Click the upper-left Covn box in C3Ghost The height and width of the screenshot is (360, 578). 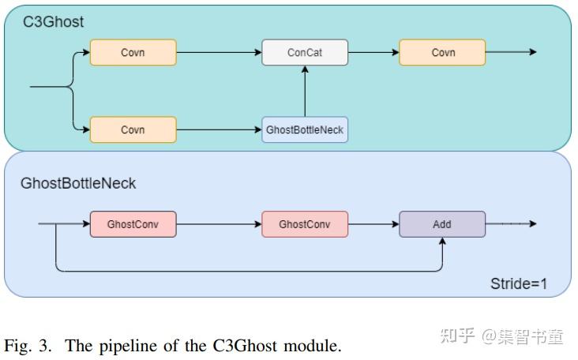(x=133, y=53)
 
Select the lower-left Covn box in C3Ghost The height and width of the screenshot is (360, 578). (x=133, y=129)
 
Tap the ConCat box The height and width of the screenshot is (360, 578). (x=305, y=53)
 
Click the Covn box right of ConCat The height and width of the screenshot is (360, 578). (x=442, y=53)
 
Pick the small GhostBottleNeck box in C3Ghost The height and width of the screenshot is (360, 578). (x=305, y=129)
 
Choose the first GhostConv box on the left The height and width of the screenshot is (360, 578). (x=133, y=224)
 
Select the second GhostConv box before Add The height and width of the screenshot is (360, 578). (x=305, y=224)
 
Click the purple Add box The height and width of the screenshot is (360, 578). (x=442, y=224)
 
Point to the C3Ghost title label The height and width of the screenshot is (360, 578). (x=53, y=22)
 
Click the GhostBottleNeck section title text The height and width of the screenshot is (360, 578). (x=78, y=183)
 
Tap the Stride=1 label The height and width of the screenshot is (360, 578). (x=519, y=283)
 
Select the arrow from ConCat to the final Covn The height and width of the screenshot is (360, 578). (x=373, y=53)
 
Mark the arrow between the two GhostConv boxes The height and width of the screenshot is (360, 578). (x=219, y=224)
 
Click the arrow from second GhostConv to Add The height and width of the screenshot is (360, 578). (x=373, y=224)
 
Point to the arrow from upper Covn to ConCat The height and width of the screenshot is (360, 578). (x=219, y=53)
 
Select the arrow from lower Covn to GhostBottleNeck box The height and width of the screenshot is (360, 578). (x=219, y=129)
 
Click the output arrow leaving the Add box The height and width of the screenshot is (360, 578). (x=511, y=224)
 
